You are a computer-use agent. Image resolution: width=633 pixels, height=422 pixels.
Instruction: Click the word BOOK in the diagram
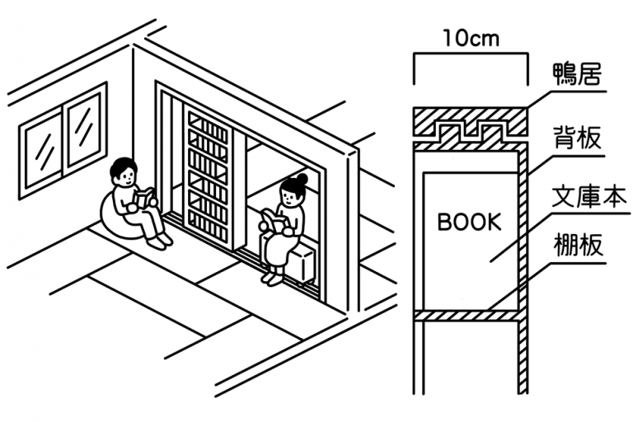point(469,222)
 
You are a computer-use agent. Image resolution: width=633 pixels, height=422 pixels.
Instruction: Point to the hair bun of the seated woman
point(302,177)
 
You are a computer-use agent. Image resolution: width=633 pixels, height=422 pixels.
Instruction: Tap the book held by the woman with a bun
point(273,221)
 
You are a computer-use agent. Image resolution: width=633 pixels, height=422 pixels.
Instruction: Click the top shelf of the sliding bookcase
point(207,126)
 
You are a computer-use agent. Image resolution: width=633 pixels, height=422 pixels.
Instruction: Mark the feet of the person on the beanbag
point(159,241)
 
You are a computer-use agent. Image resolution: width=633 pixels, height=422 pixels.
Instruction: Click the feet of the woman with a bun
point(271,278)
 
